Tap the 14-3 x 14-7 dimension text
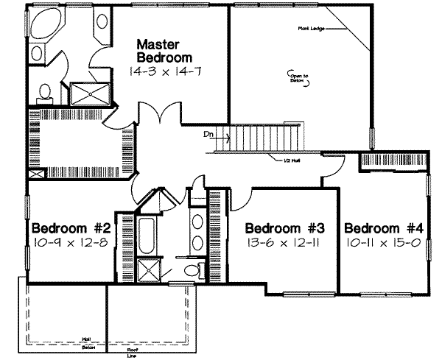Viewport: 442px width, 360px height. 164,71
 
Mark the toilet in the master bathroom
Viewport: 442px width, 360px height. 45,91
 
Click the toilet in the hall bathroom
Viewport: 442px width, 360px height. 193,269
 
